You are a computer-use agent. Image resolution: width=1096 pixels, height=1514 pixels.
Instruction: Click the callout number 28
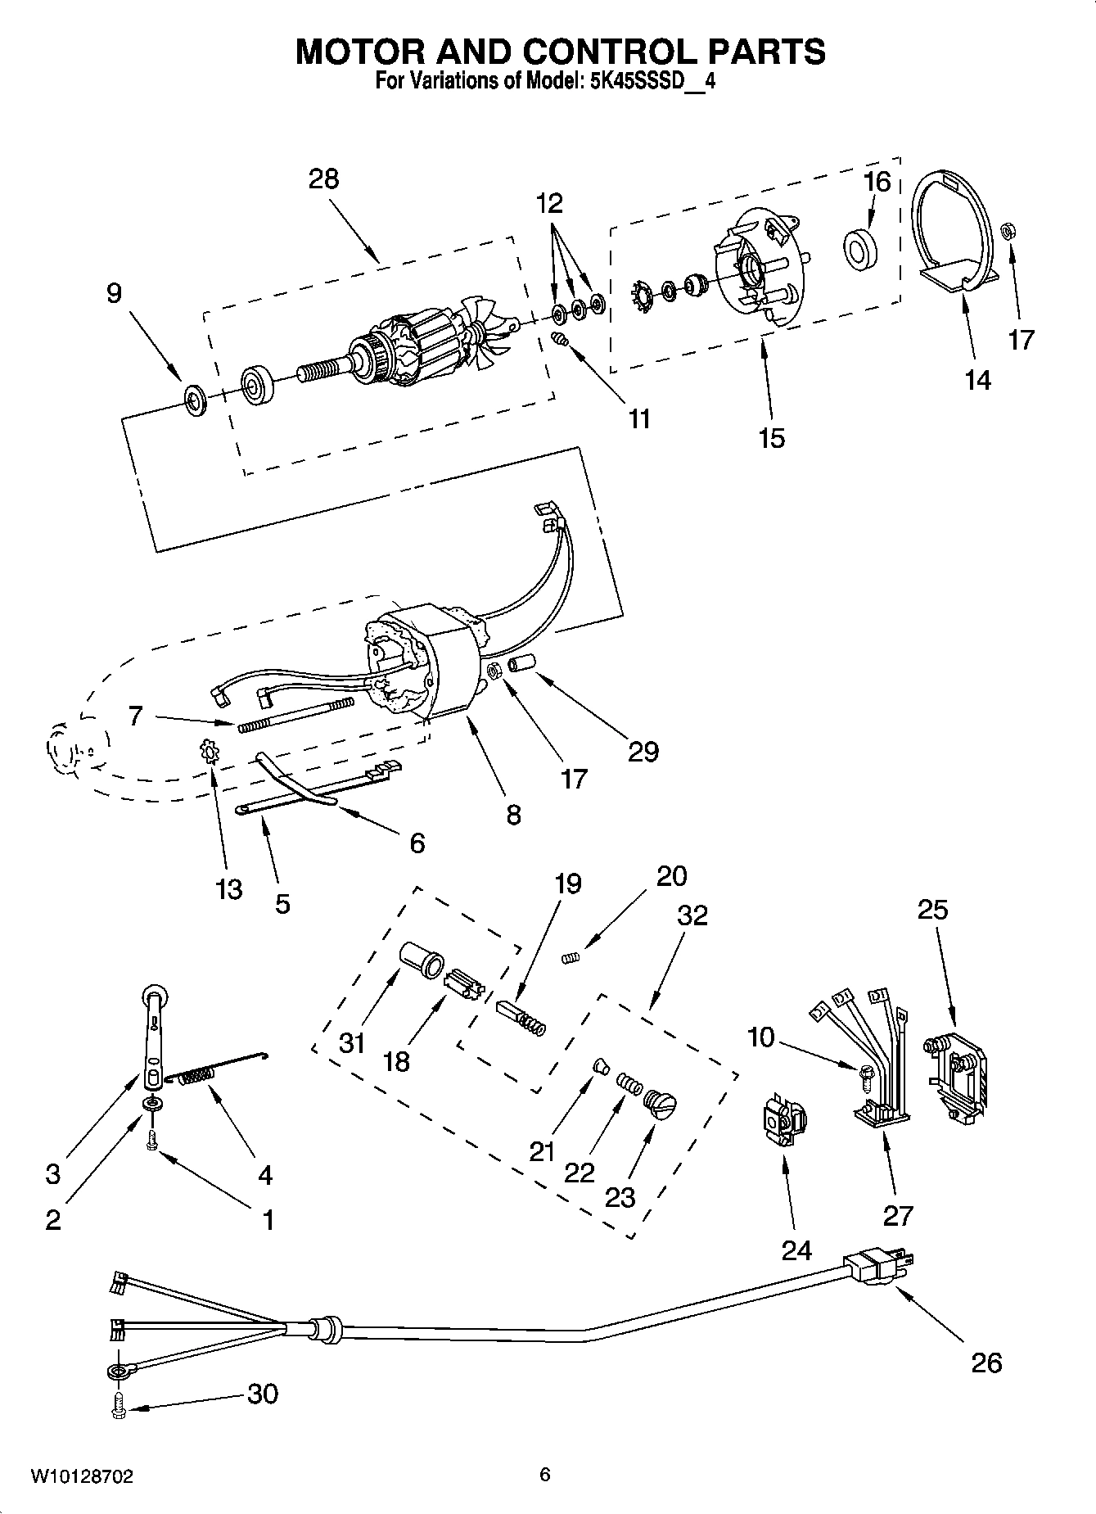click(x=323, y=179)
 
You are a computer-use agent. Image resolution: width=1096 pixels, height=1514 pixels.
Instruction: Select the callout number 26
click(x=986, y=1362)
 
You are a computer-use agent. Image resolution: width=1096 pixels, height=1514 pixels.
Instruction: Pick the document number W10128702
click(x=82, y=1476)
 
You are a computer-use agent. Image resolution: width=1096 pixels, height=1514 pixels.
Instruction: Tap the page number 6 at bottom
click(x=544, y=1475)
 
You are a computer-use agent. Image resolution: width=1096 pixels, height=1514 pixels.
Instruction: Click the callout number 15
click(x=771, y=437)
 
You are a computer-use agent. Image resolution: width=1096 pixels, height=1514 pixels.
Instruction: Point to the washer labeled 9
click(x=196, y=400)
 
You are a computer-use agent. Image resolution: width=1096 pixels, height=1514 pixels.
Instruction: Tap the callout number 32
click(x=692, y=915)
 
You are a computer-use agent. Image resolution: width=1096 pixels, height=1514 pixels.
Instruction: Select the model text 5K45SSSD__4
click(x=652, y=81)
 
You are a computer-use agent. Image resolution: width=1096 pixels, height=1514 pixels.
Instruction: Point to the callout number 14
click(x=977, y=380)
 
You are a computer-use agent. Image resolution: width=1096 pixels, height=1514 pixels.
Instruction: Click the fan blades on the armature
click(x=485, y=333)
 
